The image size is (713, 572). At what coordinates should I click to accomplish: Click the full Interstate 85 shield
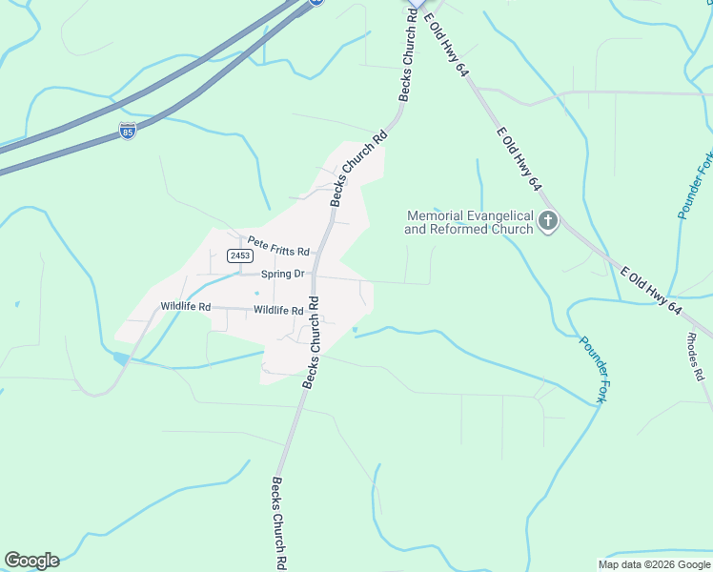[x=128, y=131]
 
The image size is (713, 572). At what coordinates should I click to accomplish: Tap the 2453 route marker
[x=239, y=255]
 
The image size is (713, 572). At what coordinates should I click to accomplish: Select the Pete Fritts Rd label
[x=278, y=247]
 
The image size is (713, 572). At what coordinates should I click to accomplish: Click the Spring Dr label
[x=282, y=274]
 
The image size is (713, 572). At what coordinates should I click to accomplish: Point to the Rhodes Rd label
[x=694, y=357]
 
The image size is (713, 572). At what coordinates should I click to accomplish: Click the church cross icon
[x=548, y=222]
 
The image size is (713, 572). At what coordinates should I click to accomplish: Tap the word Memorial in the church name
[x=434, y=216]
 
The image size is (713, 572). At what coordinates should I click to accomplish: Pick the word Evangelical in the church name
[x=498, y=216]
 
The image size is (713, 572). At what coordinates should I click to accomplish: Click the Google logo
[x=31, y=561]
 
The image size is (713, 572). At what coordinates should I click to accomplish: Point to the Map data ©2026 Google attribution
[x=654, y=564]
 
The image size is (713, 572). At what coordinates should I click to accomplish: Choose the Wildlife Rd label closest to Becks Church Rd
[x=278, y=311]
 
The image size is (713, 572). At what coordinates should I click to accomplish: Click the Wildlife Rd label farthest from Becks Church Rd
[x=185, y=306]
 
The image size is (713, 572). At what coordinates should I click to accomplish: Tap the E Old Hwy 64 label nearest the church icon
[x=519, y=161]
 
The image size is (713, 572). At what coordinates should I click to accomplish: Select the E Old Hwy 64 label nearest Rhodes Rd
[x=651, y=291]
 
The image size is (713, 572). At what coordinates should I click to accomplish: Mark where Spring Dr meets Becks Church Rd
[x=316, y=276]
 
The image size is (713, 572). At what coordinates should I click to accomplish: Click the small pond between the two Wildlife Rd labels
[x=256, y=293]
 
